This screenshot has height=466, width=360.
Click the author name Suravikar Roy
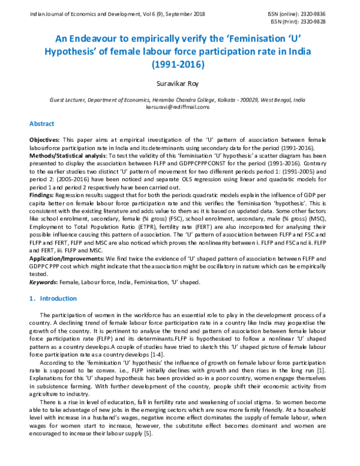coord(179,85)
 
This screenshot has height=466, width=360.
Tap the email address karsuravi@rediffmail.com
coord(179,107)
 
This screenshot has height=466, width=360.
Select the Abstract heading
coord(43,124)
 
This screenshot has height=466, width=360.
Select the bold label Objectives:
coord(46,139)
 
